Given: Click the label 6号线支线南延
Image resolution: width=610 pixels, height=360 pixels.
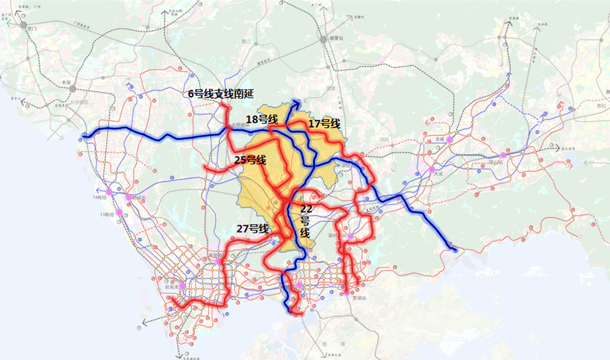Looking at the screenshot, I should click(x=221, y=94).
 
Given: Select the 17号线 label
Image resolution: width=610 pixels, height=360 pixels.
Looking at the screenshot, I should click(x=324, y=124).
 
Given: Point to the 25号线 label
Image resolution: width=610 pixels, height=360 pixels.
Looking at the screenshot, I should click(x=250, y=160).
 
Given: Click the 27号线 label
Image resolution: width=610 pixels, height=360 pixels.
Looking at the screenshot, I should click(x=252, y=228).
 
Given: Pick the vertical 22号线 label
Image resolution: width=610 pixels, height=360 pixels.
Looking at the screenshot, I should click(x=305, y=220).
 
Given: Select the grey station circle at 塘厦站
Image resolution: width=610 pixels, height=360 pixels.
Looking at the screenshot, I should click(x=324, y=39).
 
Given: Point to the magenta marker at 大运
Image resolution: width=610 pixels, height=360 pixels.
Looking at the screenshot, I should click(x=431, y=168).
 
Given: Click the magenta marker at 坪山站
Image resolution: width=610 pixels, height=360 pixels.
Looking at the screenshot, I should click(x=503, y=155).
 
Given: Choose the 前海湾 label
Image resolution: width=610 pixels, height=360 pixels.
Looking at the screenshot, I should click(x=168, y=288).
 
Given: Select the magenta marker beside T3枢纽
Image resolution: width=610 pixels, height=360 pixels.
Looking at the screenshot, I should click(x=118, y=212).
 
